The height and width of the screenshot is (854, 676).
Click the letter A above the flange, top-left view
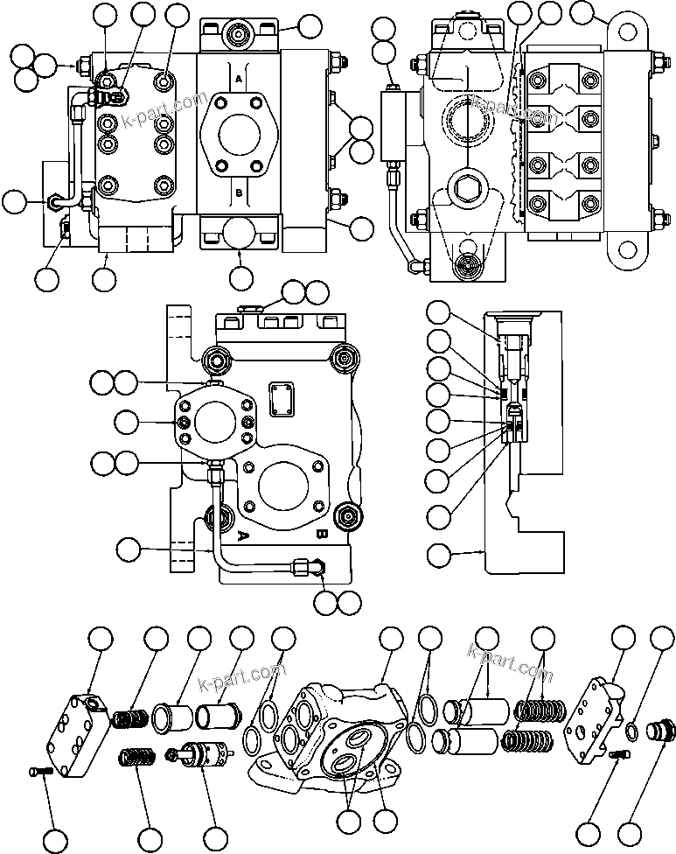(239, 78)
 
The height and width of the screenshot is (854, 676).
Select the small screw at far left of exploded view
(35, 771)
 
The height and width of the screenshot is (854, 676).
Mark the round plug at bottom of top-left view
(238, 234)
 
